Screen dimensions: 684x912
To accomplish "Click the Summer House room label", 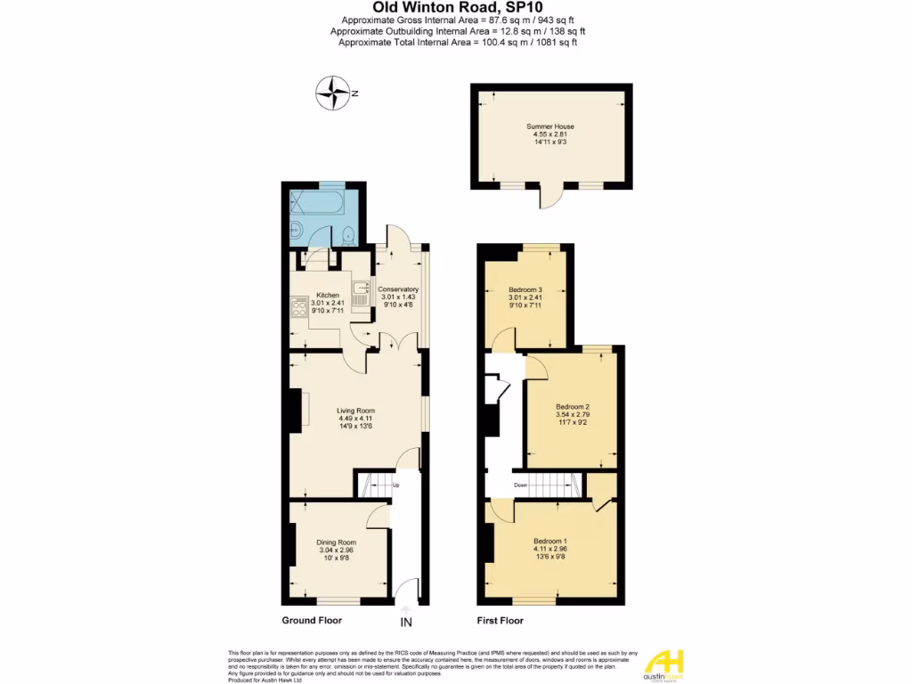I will point(550,126).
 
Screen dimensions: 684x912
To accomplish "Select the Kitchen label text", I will point(328,294).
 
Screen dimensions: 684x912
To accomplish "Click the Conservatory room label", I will point(398,289).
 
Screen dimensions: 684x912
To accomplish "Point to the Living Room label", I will point(356,411).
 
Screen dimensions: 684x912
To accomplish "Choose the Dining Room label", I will point(337,541).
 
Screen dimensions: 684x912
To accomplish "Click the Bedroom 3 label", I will point(525,289).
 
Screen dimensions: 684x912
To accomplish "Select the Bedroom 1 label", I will point(550,541).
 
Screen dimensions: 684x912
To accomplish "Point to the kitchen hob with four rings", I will point(297,310).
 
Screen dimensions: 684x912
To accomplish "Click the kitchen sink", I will point(361,291).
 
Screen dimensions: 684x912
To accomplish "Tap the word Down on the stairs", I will point(522,485).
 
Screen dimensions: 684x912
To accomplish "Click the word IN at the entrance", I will point(406,622).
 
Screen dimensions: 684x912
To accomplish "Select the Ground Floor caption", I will point(312,621).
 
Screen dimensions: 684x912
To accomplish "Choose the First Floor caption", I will point(500,621).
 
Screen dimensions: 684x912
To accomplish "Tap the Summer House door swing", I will point(550,197).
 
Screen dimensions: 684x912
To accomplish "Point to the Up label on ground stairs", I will point(395,485).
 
